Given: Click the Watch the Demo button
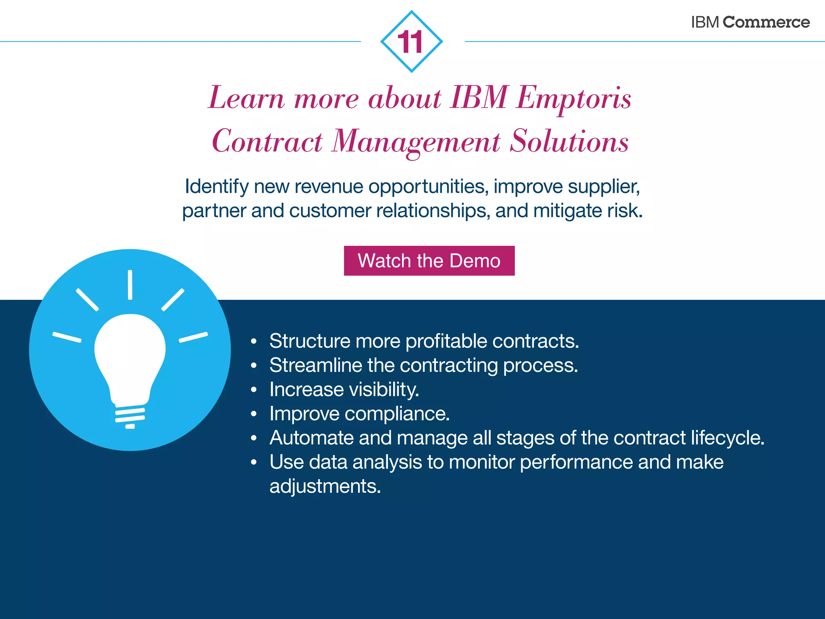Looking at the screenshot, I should point(429,261).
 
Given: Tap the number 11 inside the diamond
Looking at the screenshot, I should point(410,42).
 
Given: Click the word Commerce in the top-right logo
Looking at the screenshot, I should point(766,22).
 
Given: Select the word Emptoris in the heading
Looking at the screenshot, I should point(574,98).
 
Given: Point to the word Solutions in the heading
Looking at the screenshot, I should point(569,141).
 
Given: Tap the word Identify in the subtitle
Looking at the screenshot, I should point(217,187).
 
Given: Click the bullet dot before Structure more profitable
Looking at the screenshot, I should point(253,342).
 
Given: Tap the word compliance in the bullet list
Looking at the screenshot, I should point(397,414).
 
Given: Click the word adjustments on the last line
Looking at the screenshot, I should point(325,486).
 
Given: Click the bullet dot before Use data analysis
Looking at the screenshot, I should point(253,463).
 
